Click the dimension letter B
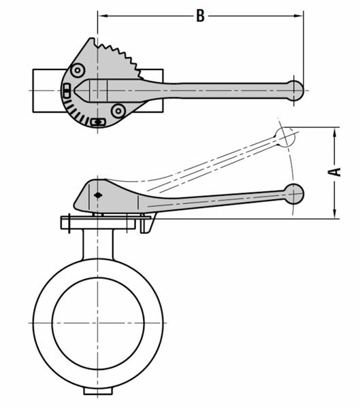(199, 16)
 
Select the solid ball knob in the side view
(294, 193)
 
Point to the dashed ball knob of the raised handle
(285, 137)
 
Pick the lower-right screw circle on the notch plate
(118, 109)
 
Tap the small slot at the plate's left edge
(67, 91)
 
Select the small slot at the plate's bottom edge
(99, 122)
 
